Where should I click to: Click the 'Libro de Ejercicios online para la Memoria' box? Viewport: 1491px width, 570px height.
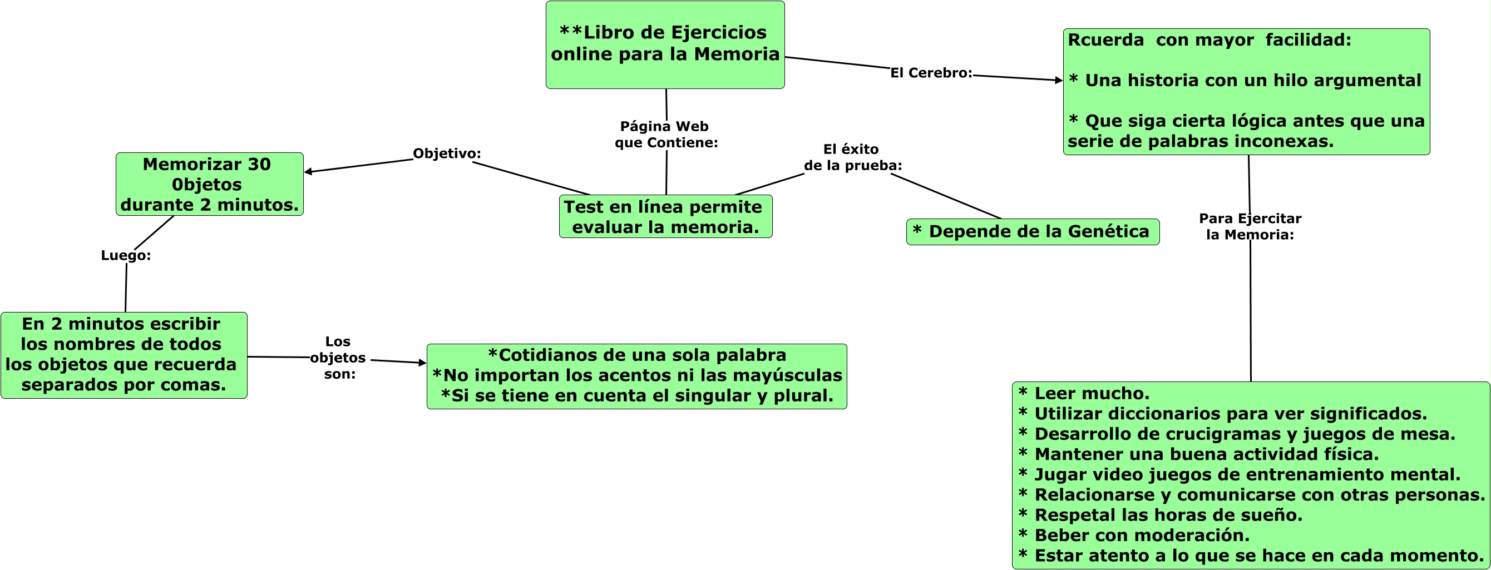pos(664,44)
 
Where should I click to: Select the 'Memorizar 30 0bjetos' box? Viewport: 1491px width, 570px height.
pos(209,184)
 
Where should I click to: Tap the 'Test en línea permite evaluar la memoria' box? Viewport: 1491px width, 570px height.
pos(665,216)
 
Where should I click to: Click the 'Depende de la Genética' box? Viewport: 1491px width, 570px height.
pos(1032,231)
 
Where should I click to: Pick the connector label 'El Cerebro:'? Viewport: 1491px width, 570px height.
pos(931,73)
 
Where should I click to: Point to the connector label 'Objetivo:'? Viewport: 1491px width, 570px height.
pos(446,153)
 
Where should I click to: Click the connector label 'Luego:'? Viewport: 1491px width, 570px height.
pos(126,255)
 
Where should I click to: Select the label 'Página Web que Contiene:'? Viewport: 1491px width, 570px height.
pos(665,134)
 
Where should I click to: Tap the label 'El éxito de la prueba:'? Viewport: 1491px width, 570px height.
pos(852,157)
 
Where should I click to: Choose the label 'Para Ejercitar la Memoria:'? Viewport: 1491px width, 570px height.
pos(1250,226)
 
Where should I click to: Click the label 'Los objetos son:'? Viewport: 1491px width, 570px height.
pos(339,358)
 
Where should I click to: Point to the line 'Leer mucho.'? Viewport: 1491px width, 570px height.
pos(1091,394)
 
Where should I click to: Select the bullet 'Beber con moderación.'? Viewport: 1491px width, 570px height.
pos(1142,536)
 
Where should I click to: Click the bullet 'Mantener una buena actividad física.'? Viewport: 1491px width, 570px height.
pos(1206,454)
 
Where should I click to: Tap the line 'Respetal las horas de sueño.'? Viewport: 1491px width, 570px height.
pos(1168,515)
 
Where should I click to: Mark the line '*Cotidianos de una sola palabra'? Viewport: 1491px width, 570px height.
pos(636,355)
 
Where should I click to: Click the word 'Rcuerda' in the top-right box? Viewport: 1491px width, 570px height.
pos(1105,40)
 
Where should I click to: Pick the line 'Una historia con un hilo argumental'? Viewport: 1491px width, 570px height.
pos(1252,81)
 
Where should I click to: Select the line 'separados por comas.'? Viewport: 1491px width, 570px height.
pos(124,385)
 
